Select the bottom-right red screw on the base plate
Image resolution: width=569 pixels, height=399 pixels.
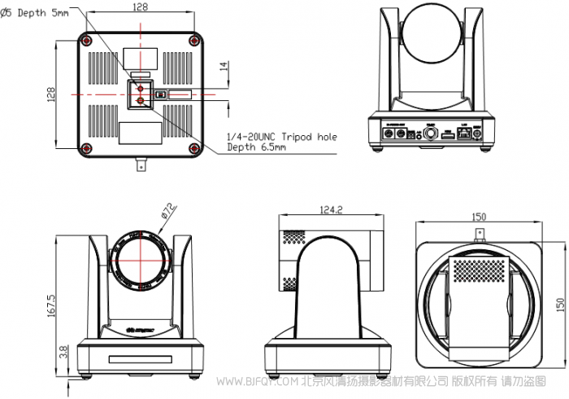click(x=193, y=147)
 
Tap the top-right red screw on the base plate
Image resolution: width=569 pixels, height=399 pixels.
click(x=193, y=41)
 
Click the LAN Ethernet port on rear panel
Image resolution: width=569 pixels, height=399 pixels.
click(x=464, y=132)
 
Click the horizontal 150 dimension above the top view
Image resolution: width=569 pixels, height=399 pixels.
click(x=479, y=217)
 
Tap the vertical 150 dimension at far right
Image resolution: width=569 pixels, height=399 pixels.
click(x=560, y=303)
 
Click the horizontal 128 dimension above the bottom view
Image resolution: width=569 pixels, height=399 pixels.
click(x=139, y=7)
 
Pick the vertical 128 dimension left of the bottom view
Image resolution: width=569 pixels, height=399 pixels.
click(x=51, y=94)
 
